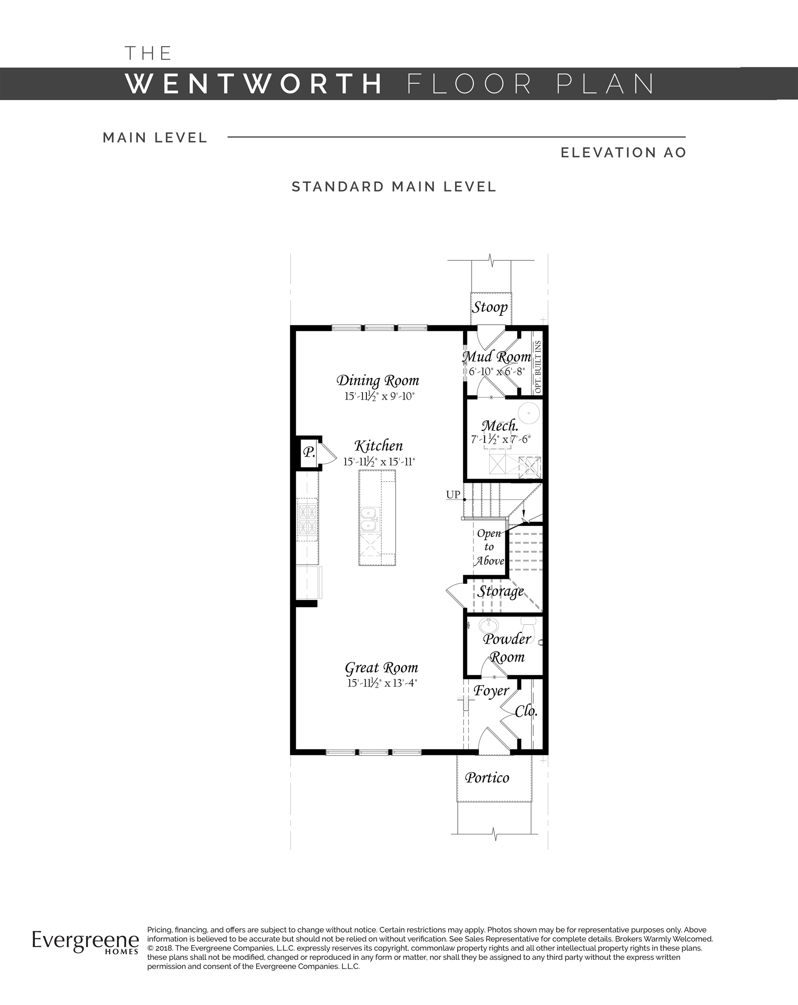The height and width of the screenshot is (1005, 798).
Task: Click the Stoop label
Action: (x=490, y=308)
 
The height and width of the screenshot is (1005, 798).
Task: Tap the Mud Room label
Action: (x=497, y=357)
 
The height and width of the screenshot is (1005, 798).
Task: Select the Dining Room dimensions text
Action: (x=380, y=396)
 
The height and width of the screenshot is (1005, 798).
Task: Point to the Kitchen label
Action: (x=378, y=446)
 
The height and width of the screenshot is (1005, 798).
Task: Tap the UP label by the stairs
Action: (x=453, y=495)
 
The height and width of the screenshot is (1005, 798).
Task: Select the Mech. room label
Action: (x=500, y=425)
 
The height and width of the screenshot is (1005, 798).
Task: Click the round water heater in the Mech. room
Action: (x=529, y=413)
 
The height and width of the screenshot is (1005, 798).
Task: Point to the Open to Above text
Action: (x=489, y=547)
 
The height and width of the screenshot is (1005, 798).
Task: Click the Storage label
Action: (x=500, y=591)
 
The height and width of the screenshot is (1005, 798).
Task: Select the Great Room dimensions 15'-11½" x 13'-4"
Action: (x=382, y=683)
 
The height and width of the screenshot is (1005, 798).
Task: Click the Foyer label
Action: (x=491, y=691)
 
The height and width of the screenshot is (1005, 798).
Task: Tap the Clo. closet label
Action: (x=526, y=711)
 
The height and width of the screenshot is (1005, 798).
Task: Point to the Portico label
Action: (x=487, y=778)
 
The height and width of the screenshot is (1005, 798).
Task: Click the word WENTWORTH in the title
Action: (x=254, y=84)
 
